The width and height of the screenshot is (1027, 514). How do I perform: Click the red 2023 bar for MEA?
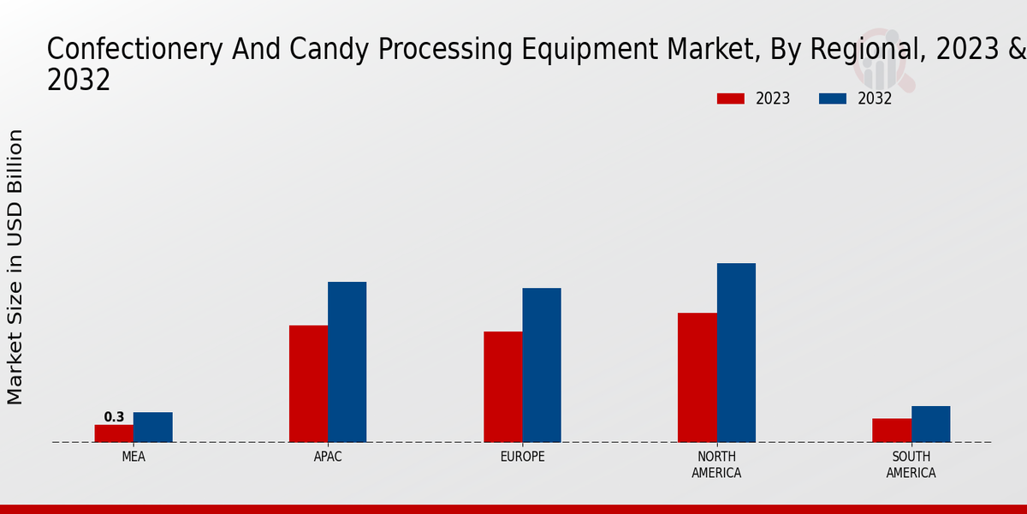pyautogui.click(x=114, y=433)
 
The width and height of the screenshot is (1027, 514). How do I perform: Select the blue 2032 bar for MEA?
pyautogui.click(x=152, y=427)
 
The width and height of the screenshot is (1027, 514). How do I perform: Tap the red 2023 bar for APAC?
pyautogui.click(x=308, y=384)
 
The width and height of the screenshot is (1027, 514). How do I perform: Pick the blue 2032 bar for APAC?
pyautogui.click(x=347, y=362)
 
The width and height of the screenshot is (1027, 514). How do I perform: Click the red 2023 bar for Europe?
pyautogui.click(x=502, y=386)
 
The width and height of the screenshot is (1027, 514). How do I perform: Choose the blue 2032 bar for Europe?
pyautogui.click(x=542, y=365)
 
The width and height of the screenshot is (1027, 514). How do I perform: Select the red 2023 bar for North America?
pyautogui.click(x=697, y=377)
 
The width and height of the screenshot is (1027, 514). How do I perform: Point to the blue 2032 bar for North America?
pyautogui.click(x=736, y=352)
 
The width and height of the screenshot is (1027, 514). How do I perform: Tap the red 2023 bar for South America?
pyautogui.click(x=892, y=430)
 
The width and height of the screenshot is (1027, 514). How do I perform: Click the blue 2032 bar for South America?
pyautogui.click(x=930, y=424)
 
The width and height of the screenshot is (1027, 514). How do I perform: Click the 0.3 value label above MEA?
pyautogui.click(x=114, y=417)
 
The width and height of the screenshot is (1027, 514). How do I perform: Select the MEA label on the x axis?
pyautogui.click(x=134, y=457)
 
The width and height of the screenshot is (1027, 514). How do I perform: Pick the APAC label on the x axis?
pyautogui.click(x=328, y=457)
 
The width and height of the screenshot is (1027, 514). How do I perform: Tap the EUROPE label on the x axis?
pyautogui.click(x=522, y=457)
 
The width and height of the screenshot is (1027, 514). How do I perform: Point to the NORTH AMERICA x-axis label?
pyautogui.click(x=716, y=464)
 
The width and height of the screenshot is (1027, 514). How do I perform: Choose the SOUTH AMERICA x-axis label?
pyautogui.click(x=911, y=464)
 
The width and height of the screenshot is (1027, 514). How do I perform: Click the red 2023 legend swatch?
pyautogui.click(x=730, y=99)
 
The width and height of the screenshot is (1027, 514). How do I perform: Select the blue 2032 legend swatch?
pyautogui.click(x=832, y=99)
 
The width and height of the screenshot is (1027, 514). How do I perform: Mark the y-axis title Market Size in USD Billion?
pyautogui.click(x=15, y=266)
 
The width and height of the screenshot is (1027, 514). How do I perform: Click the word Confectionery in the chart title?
pyautogui.click(x=134, y=50)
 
